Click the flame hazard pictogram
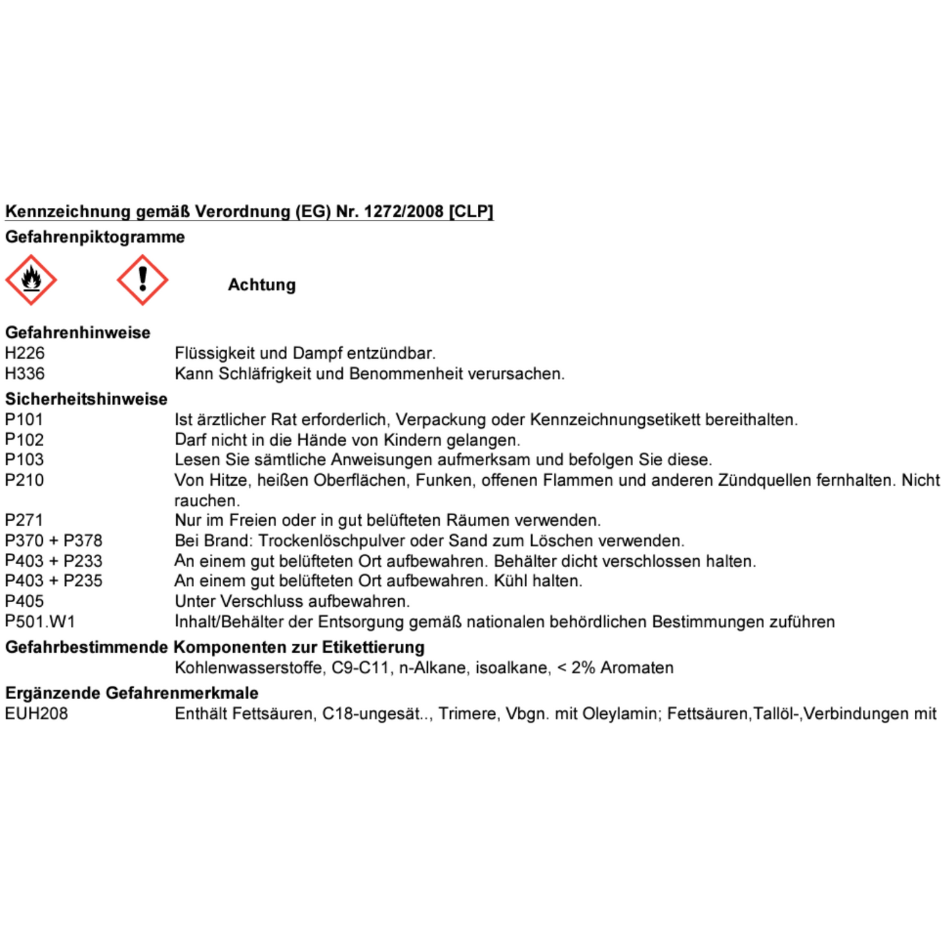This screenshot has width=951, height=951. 31,280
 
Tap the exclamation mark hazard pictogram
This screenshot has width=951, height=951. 142,280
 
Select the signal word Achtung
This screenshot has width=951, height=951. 262,285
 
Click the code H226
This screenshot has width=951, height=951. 25,353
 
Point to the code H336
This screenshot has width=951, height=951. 25,374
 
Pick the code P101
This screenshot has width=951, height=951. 24,420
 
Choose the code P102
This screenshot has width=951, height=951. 24,440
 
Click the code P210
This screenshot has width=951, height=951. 24,480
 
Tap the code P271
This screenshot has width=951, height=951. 24,521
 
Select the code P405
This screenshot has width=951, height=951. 24,602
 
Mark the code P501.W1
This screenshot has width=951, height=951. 40,622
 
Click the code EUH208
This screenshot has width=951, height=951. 37,714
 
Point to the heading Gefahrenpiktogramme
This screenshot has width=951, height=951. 95,237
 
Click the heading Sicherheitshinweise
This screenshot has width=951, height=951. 86,399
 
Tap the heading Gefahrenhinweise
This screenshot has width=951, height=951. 78,333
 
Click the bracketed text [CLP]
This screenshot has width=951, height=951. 471,212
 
